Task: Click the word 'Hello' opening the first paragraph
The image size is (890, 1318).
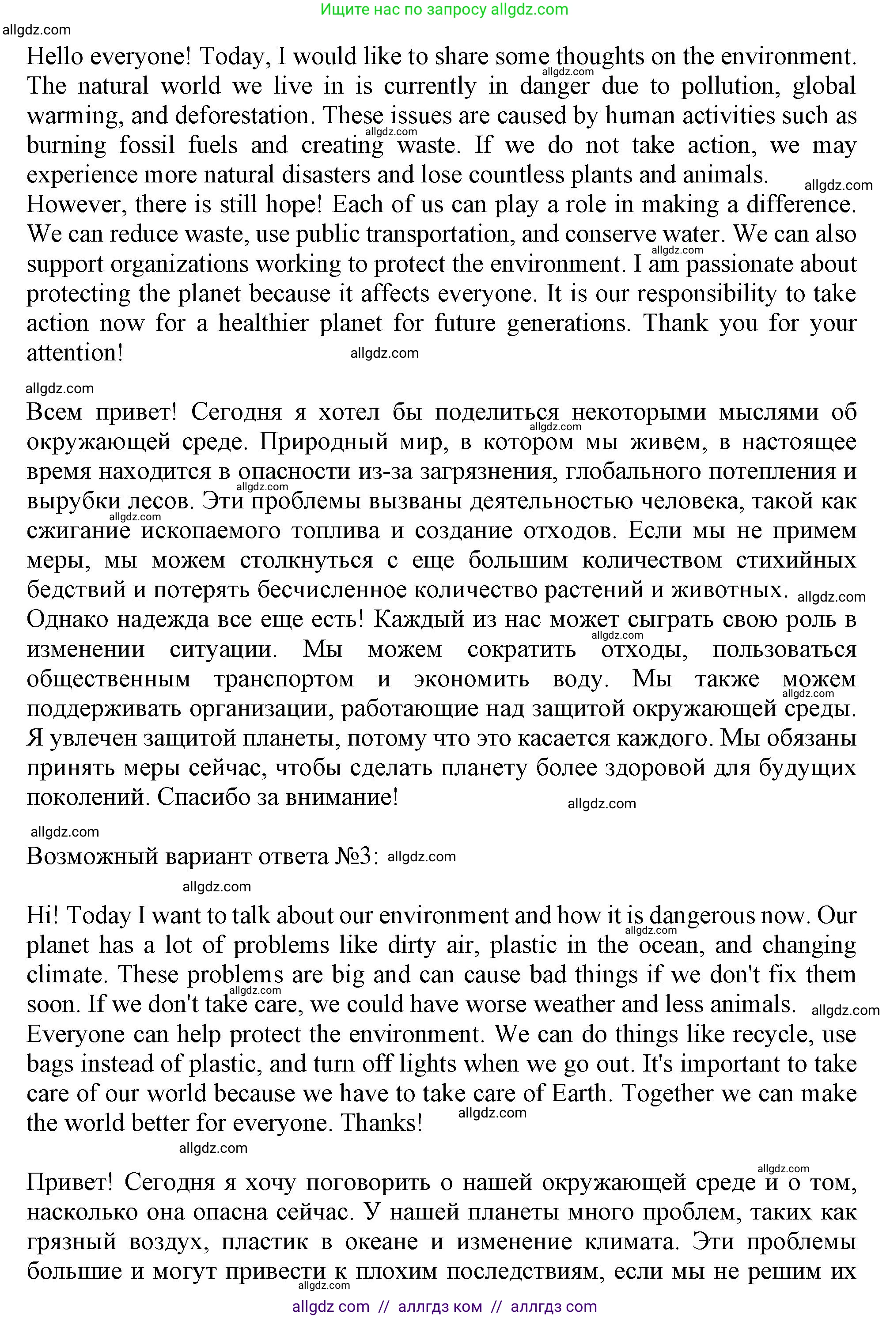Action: click(54, 57)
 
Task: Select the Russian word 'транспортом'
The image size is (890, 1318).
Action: click(284, 679)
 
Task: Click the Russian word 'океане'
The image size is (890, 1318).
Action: click(381, 1242)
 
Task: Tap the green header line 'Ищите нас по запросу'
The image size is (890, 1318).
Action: click(403, 10)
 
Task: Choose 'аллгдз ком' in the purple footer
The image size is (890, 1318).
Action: click(440, 1307)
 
